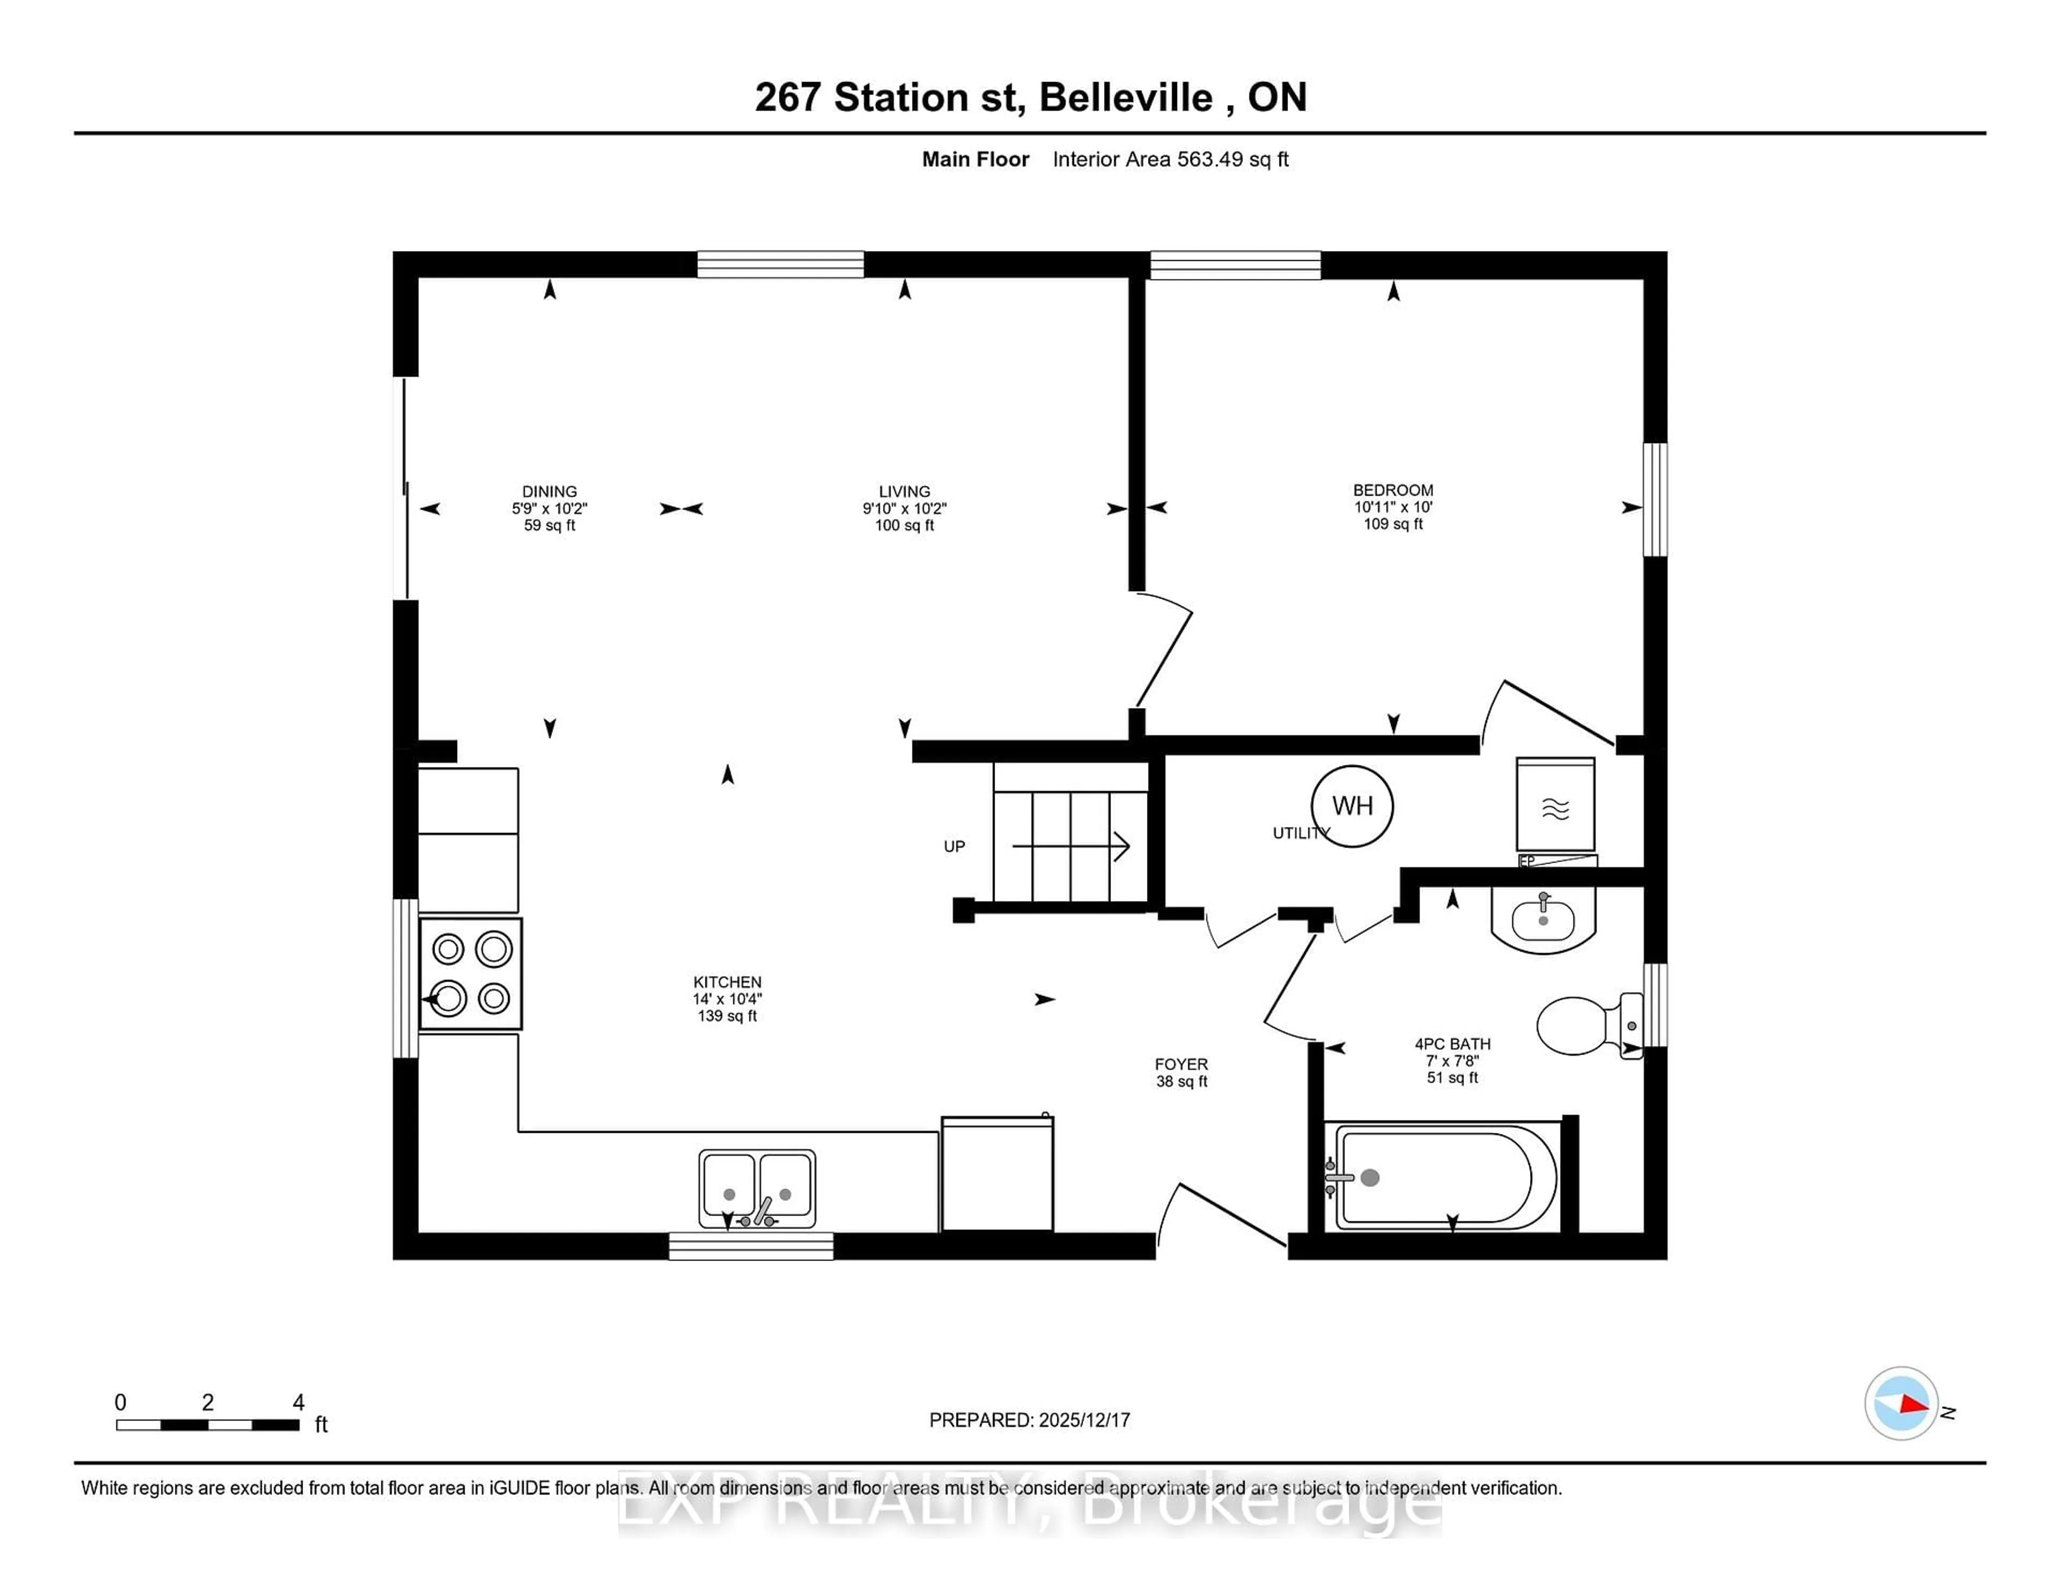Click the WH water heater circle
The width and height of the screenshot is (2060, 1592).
(1352, 806)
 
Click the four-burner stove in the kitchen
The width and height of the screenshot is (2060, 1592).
(470, 974)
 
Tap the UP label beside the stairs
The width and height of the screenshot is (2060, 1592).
(954, 846)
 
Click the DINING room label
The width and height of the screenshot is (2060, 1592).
(549, 491)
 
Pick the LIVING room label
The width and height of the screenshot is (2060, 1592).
(903, 491)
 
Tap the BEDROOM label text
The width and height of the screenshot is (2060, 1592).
(1392, 490)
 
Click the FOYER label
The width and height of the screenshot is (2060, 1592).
(1181, 1064)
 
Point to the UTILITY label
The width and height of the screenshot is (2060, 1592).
(1298, 833)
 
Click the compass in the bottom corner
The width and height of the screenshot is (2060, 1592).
(1901, 1403)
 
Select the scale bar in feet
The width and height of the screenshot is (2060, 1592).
(208, 1424)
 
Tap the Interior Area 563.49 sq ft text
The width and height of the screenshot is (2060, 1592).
(1169, 159)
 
